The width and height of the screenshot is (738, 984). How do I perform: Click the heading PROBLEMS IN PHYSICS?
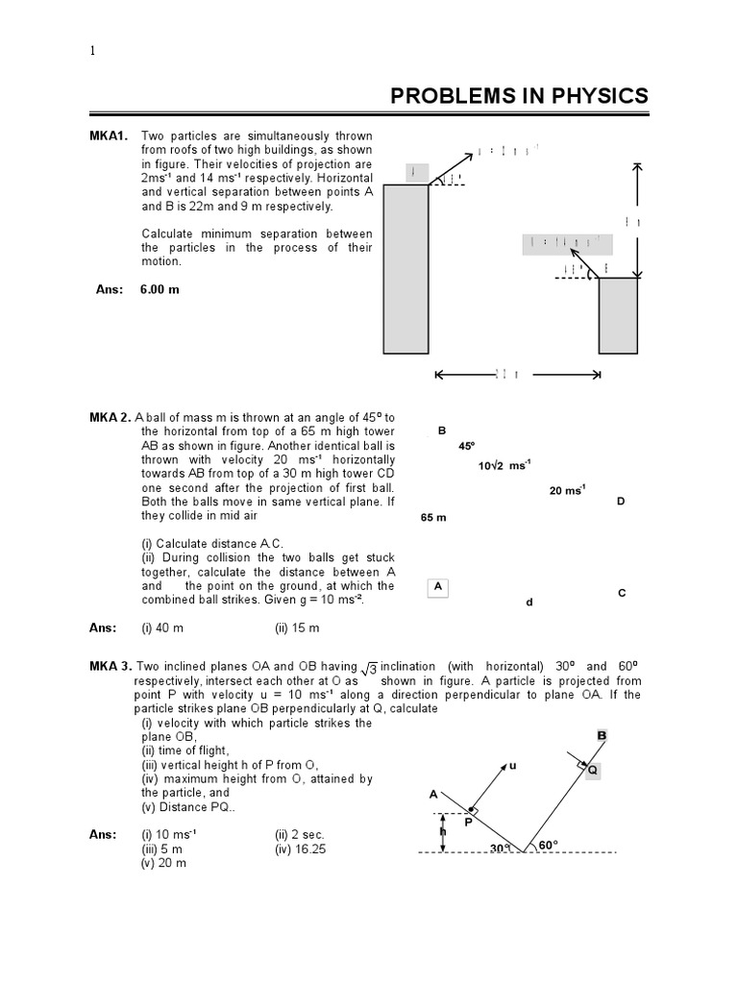[x=518, y=96]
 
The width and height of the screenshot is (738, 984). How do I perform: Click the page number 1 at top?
[x=92, y=52]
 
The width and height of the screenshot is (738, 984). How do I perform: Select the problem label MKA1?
[x=109, y=136]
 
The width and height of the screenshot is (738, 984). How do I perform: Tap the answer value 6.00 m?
[x=160, y=289]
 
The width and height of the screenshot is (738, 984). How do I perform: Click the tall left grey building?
[x=408, y=268]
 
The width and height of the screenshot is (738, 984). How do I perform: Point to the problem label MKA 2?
[x=111, y=418]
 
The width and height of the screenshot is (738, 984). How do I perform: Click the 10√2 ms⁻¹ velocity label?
[x=504, y=466]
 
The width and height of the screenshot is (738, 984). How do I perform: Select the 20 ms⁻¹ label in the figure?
[x=566, y=490]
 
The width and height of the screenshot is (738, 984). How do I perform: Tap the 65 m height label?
[x=434, y=518]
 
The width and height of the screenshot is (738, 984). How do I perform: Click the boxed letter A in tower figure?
[x=438, y=585]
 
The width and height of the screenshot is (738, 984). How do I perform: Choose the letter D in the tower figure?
[x=621, y=502]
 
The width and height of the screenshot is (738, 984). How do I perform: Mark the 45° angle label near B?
[x=467, y=447]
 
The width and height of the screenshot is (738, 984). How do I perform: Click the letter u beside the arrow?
[x=512, y=765]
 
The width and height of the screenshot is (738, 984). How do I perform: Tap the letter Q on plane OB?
[x=592, y=770]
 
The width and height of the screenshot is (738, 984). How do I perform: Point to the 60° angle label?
[x=549, y=845]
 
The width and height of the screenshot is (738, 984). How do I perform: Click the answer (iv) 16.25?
[x=300, y=849]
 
